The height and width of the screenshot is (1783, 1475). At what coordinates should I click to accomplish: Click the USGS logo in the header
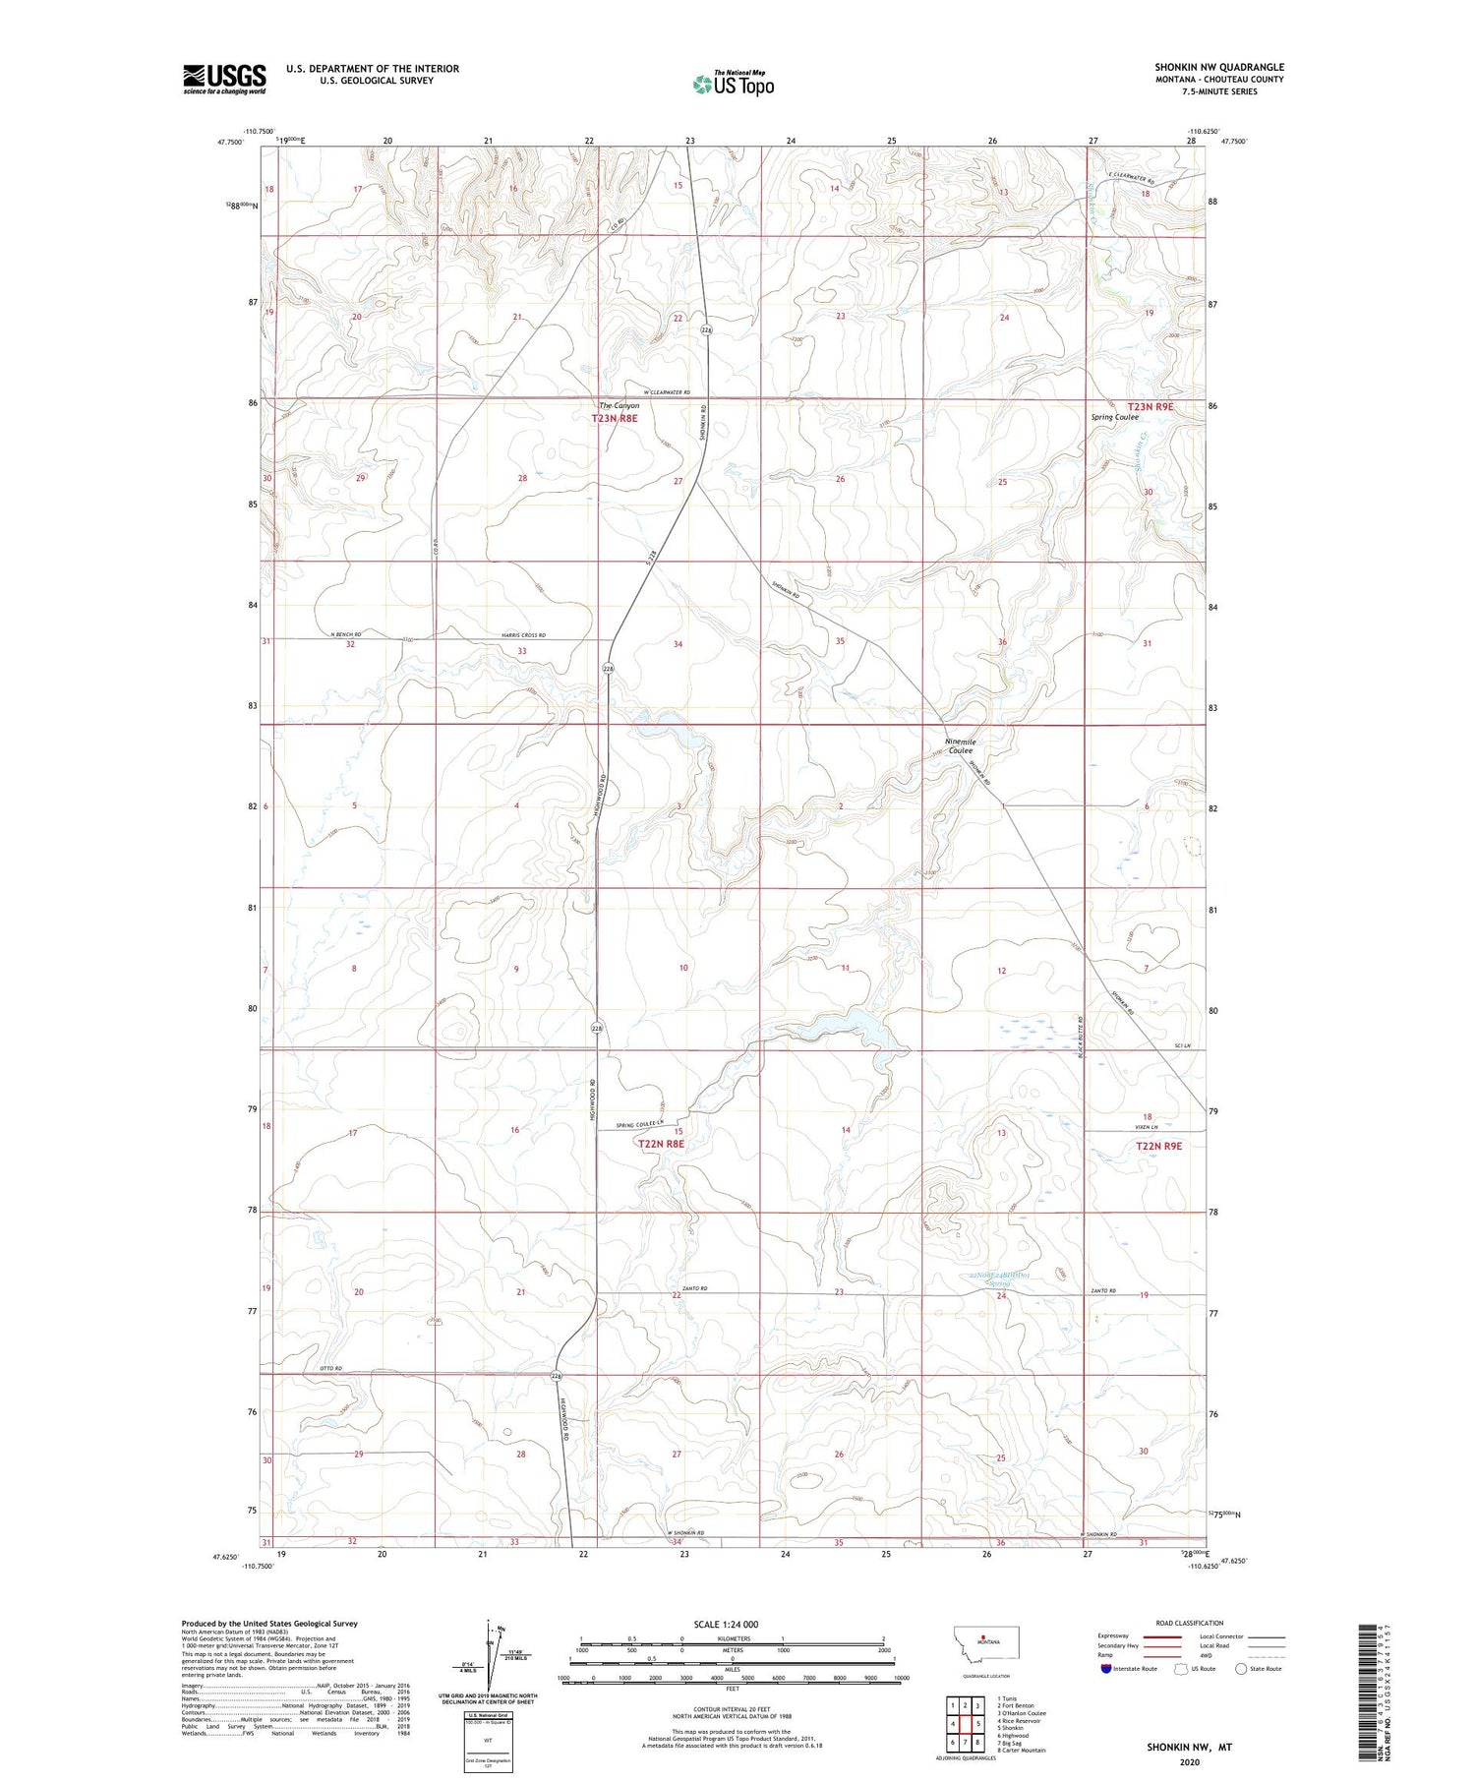point(224,79)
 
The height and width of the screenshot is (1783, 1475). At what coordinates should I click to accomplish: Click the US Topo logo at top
point(733,85)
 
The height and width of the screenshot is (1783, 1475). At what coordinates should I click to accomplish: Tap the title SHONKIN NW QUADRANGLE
point(1219,68)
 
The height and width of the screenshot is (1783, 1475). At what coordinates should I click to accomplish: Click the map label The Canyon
point(619,405)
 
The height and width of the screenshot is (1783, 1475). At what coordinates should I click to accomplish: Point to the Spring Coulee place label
point(1114,417)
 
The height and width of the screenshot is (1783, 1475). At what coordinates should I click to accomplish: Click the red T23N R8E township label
point(615,419)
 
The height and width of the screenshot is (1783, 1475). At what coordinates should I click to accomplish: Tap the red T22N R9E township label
point(1158,1146)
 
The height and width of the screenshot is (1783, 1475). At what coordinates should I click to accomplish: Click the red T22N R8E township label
point(661,1144)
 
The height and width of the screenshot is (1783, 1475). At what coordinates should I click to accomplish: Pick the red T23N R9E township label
point(1150,406)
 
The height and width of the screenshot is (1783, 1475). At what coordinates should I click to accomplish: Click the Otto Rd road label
point(330,1369)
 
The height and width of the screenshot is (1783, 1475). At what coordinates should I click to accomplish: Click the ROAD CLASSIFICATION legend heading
point(1190,1623)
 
